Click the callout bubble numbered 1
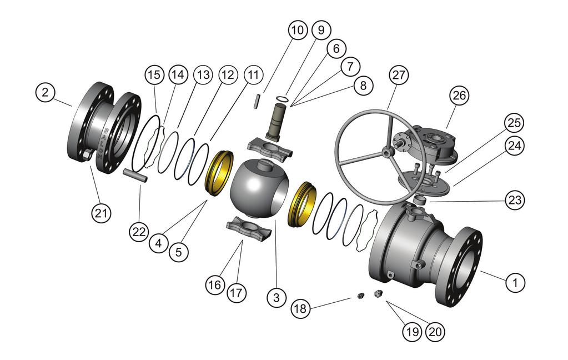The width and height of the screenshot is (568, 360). [515, 282]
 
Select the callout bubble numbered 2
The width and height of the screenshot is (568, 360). [47, 93]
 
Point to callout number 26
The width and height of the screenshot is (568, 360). [459, 96]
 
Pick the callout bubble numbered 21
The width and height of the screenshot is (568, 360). [103, 212]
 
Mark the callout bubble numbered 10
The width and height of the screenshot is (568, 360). [298, 30]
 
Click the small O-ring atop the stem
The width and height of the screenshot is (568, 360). [283, 99]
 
